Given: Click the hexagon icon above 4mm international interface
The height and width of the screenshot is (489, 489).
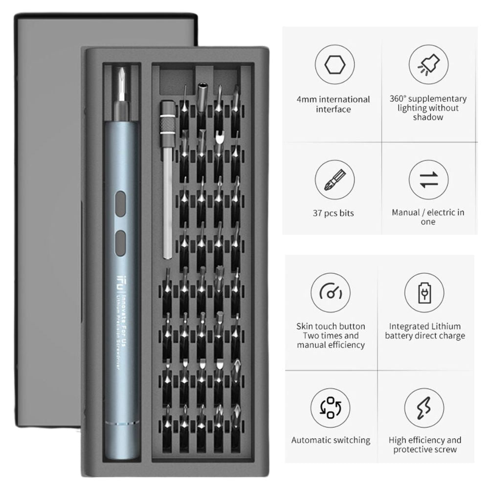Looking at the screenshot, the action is coord(334,65).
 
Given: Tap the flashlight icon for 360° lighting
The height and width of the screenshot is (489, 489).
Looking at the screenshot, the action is coord(428,64).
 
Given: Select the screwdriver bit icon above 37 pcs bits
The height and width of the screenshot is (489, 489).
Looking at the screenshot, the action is coord(334,180).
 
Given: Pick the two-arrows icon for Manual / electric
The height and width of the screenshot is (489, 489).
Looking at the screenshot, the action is coord(428,180).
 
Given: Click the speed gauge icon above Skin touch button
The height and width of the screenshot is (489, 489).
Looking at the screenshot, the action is coord(331,293).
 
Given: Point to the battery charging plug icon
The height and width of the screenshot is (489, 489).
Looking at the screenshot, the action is coord(424,293).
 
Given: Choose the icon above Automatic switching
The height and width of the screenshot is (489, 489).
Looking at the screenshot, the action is coord(331,408).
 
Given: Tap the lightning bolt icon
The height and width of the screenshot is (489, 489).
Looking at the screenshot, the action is coord(424,408).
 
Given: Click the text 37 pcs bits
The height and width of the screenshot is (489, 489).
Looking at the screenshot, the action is coord(333,213).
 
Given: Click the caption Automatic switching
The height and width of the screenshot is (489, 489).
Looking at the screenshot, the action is coord(331,441).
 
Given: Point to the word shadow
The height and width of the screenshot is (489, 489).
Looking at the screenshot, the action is coord(428,117).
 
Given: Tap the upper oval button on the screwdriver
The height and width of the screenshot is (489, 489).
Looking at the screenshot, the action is coord(120,204).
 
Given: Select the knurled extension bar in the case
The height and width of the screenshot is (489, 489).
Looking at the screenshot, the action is coord(168,179).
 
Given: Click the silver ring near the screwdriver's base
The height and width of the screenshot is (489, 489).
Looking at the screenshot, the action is coord(122,423).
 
